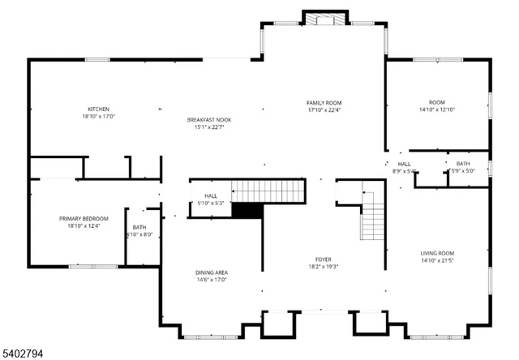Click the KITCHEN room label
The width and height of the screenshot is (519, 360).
pos(99,109)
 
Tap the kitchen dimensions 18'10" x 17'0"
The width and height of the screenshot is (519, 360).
pos(99,117)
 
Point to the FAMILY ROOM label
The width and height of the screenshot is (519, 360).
pos(324,102)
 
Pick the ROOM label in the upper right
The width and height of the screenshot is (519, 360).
pos(438,102)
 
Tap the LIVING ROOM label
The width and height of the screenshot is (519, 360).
pos(437,253)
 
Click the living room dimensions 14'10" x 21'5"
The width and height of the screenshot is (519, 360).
pos(437,260)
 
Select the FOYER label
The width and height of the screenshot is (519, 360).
pos(324,259)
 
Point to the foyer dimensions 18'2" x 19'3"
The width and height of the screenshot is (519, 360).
pos(324,267)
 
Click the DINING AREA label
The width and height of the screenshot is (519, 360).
pos(211,272)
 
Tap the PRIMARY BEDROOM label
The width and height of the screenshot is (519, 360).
pos(78,218)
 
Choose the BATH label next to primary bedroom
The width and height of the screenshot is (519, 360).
pos(139,227)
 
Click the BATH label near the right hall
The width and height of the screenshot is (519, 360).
pos(462,163)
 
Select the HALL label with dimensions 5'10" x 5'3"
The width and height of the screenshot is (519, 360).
pos(211,195)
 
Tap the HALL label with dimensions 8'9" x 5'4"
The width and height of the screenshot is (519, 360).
pos(404,164)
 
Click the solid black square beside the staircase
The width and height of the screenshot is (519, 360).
pos(247,210)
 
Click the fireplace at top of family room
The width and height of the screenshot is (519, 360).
pos(325,19)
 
